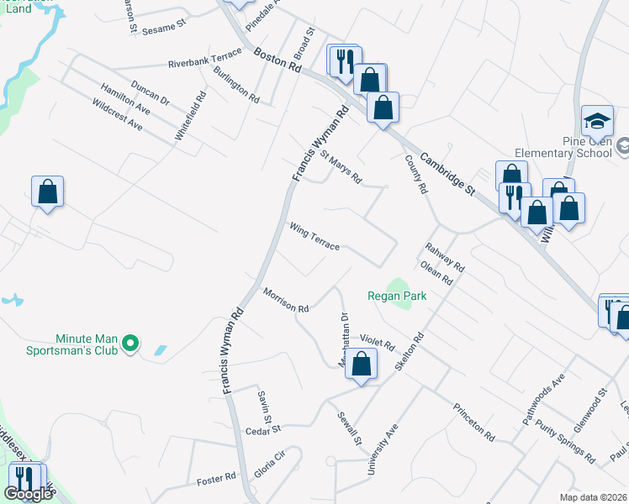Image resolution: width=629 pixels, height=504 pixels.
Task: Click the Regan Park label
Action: [397, 296]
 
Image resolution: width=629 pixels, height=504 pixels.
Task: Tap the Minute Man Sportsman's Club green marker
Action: [130, 343]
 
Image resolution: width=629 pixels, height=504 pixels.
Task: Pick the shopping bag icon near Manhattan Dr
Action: [361, 365]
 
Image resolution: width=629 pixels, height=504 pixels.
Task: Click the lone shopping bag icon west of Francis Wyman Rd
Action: [48, 192]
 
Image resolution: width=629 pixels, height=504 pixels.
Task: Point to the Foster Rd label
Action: [216, 480]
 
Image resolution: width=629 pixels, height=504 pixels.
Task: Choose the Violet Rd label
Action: [378, 342]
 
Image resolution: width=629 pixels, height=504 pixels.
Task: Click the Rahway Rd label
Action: [445, 257]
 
